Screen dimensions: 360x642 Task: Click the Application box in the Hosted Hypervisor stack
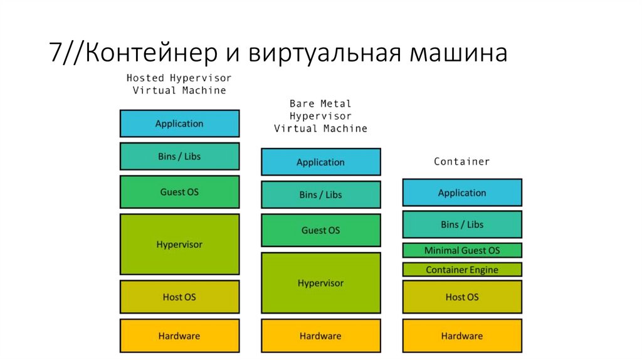tap(179, 124)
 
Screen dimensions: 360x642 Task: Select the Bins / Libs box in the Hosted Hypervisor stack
tap(179, 156)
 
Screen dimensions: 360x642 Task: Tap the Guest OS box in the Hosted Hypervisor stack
tap(179, 192)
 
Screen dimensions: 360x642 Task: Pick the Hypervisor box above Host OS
tap(179, 244)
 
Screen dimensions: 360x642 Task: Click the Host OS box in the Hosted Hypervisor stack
tap(179, 297)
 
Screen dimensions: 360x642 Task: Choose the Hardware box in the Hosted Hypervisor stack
tap(179, 336)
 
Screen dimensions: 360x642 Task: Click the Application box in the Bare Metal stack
tap(320, 162)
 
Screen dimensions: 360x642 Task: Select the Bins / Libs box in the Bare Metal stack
tap(320, 194)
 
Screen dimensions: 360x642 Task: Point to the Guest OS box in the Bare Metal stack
tap(320, 230)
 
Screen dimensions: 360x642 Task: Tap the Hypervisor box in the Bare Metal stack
tap(320, 283)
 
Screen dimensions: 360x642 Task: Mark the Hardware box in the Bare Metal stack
tap(320, 336)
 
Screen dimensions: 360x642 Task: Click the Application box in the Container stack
tap(462, 193)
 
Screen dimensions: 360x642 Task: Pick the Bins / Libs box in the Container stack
tap(462, 225)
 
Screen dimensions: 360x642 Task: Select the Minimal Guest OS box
tap(462, 250)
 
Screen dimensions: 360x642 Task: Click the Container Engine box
tap(462, 270)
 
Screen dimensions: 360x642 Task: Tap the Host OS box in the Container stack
tap(462, 297)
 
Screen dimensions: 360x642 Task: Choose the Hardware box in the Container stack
tap(462, 336)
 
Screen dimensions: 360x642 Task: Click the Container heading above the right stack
tap(462, 162)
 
